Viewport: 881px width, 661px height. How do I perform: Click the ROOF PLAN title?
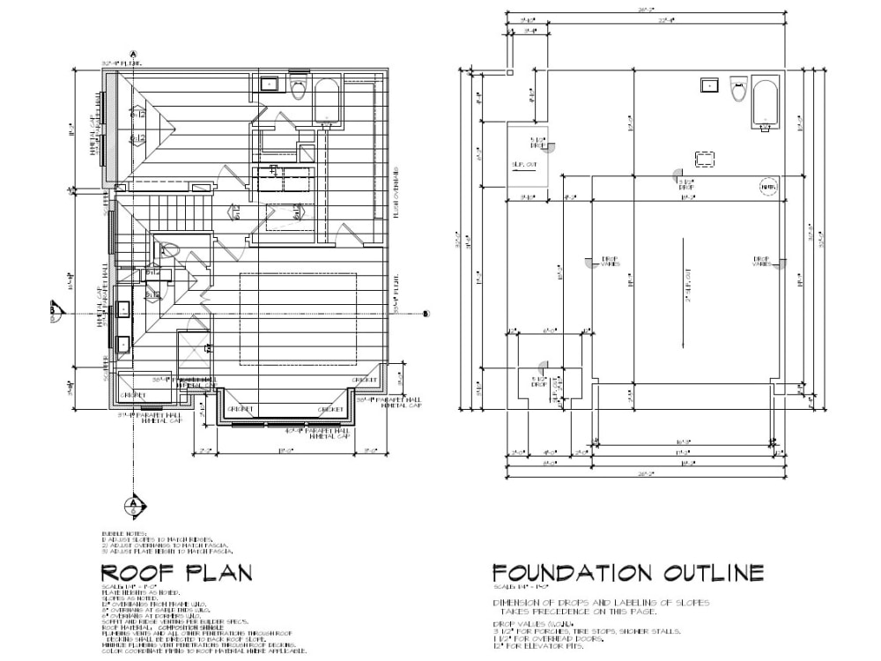click(x=176, y=573)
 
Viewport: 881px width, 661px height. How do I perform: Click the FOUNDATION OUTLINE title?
click(x=627, y=573)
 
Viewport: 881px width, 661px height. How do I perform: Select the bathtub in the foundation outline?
click(x=765, y=104)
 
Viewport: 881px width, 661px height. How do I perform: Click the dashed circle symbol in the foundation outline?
click(x=767, y=188)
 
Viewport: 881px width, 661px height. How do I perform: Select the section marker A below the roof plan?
click(x=133, y=505)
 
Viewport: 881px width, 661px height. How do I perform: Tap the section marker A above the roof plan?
click(x=133, y=54)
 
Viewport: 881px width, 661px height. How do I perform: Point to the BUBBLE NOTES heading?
click(x=123, y=534)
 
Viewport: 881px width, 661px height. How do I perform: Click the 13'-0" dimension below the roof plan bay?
click(x=285, y=450)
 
